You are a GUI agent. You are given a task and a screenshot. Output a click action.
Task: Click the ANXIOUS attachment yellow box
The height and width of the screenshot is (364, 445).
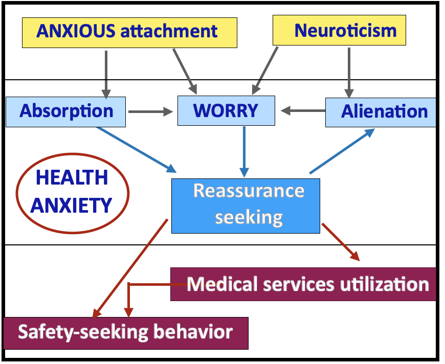[129, 32]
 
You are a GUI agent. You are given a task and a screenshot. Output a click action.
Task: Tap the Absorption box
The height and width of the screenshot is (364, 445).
[66, 111]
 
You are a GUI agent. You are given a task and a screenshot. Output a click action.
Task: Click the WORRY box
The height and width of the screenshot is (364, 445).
[226, 110]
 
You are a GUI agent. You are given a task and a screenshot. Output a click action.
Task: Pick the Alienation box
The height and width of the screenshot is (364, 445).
[381, 111]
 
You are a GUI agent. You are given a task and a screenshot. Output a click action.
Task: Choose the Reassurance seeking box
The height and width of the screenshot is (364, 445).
[246, 205]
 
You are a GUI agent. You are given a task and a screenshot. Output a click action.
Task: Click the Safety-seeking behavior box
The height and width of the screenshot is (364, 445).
[125, 332]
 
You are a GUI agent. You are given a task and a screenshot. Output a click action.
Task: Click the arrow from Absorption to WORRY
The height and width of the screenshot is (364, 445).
[151, 111]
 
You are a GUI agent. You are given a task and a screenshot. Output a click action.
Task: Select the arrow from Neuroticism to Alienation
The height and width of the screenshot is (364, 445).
[349, 72]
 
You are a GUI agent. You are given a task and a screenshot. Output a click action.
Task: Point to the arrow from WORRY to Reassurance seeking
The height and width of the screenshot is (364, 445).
[244, 150]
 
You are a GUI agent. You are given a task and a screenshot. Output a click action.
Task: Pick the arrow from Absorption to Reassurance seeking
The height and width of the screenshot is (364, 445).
[136, 149]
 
